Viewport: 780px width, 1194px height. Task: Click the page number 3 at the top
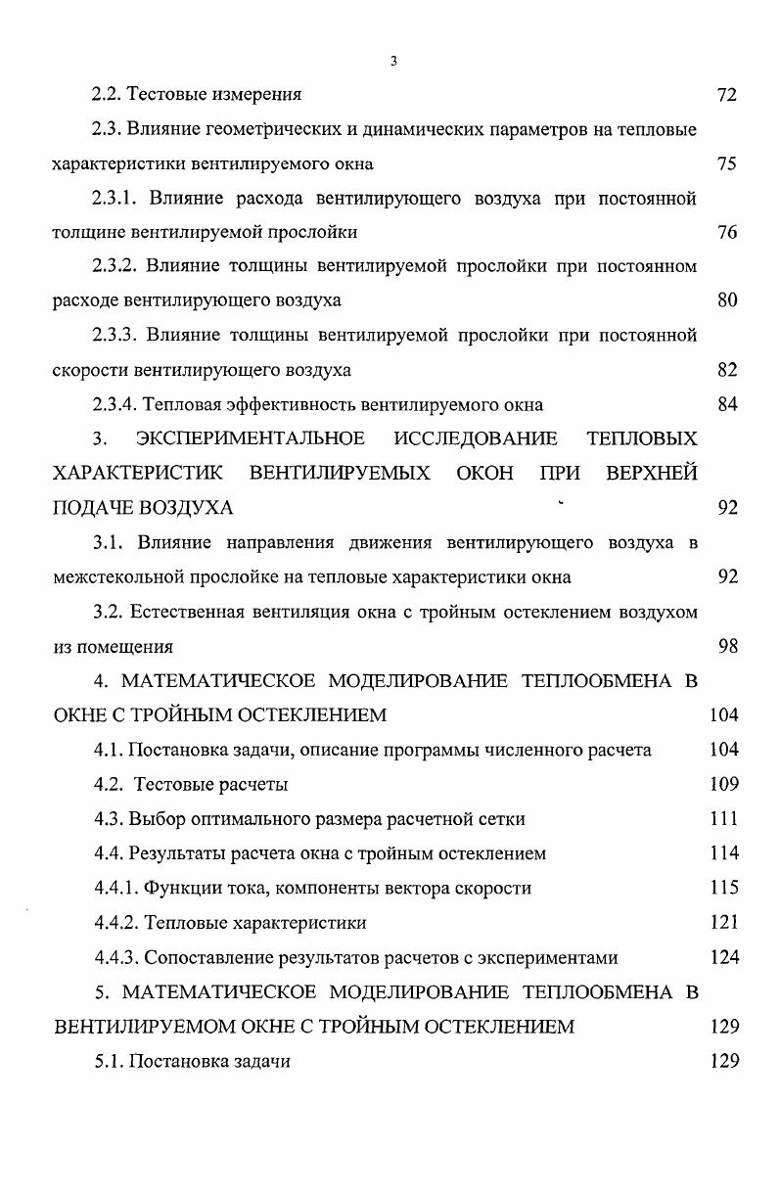392,62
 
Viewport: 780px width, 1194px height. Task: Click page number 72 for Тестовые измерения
726,95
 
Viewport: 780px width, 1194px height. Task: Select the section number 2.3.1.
115,199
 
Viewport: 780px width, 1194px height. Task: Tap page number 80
726,300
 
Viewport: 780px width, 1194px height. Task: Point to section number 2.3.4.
115,404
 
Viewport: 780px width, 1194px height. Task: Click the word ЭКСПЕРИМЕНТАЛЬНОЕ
251,437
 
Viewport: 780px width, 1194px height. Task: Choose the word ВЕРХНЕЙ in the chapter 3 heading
652,473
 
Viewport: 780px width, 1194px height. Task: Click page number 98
726,646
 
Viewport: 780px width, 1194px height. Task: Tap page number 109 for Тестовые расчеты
724,784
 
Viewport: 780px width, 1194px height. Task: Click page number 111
724,818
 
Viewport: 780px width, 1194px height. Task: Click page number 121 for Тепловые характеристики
724,922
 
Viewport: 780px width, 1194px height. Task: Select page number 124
724,957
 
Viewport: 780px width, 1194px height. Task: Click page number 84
726,404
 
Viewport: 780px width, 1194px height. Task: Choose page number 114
724,853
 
